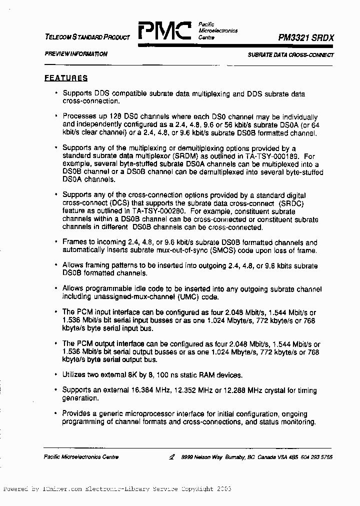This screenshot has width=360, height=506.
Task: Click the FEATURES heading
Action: [66, 78]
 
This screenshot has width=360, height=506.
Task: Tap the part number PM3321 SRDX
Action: [306, 37]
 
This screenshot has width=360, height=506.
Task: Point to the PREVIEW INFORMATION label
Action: [75, 54]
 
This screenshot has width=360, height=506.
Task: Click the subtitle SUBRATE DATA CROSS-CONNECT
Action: [290, 54]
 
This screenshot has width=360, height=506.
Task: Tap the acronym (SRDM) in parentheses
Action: [175, 156]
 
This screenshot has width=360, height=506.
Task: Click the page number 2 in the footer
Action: [171, 456]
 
